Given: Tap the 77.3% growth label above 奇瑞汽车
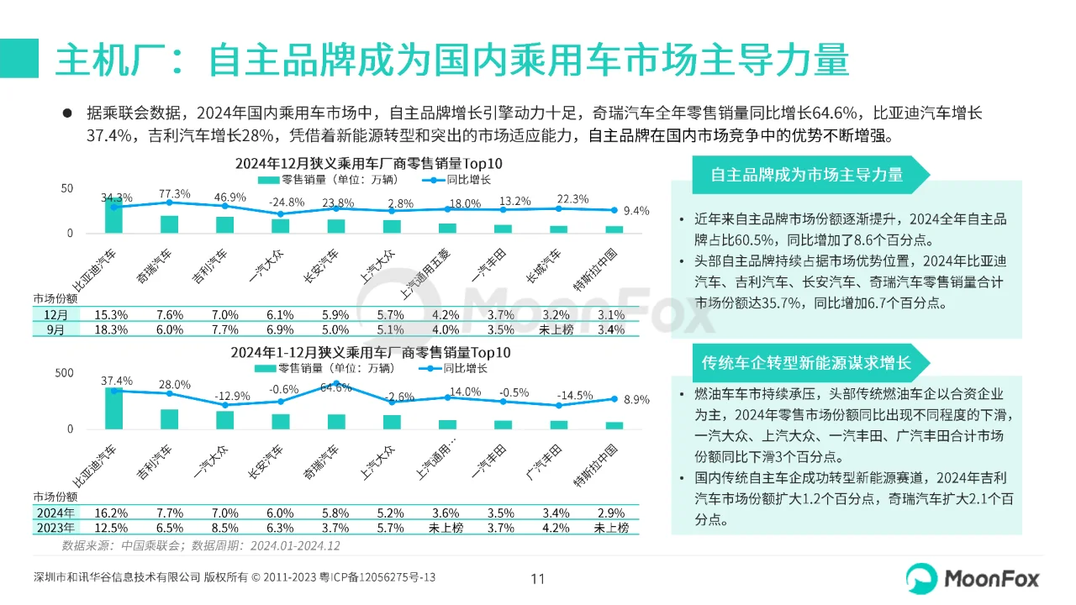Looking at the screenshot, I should [174, 194].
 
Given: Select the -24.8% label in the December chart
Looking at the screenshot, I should [286, 203].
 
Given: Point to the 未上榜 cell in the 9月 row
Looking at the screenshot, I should [556, 330].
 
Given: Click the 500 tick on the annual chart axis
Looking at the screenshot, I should [64, 372].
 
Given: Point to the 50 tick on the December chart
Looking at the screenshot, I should [67, 187].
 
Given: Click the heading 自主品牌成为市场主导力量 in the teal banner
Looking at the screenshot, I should [806, 175].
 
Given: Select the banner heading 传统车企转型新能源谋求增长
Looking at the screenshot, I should [806, 363].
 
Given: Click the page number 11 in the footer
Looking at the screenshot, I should [538, 578].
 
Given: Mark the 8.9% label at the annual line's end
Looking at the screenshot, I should [637, 400].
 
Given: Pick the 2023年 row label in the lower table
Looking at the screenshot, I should [56, 528].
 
